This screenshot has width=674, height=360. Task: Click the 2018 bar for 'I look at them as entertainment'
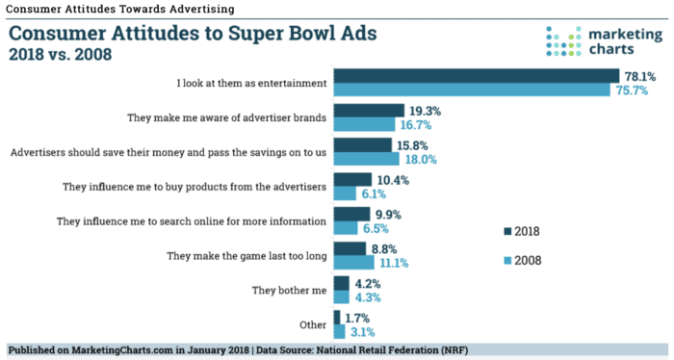point(476,76)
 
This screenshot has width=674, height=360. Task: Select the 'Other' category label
point(312,324)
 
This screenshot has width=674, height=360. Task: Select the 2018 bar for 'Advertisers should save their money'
point(362,144)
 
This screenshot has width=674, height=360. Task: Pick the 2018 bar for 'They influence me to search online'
point(350,214)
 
